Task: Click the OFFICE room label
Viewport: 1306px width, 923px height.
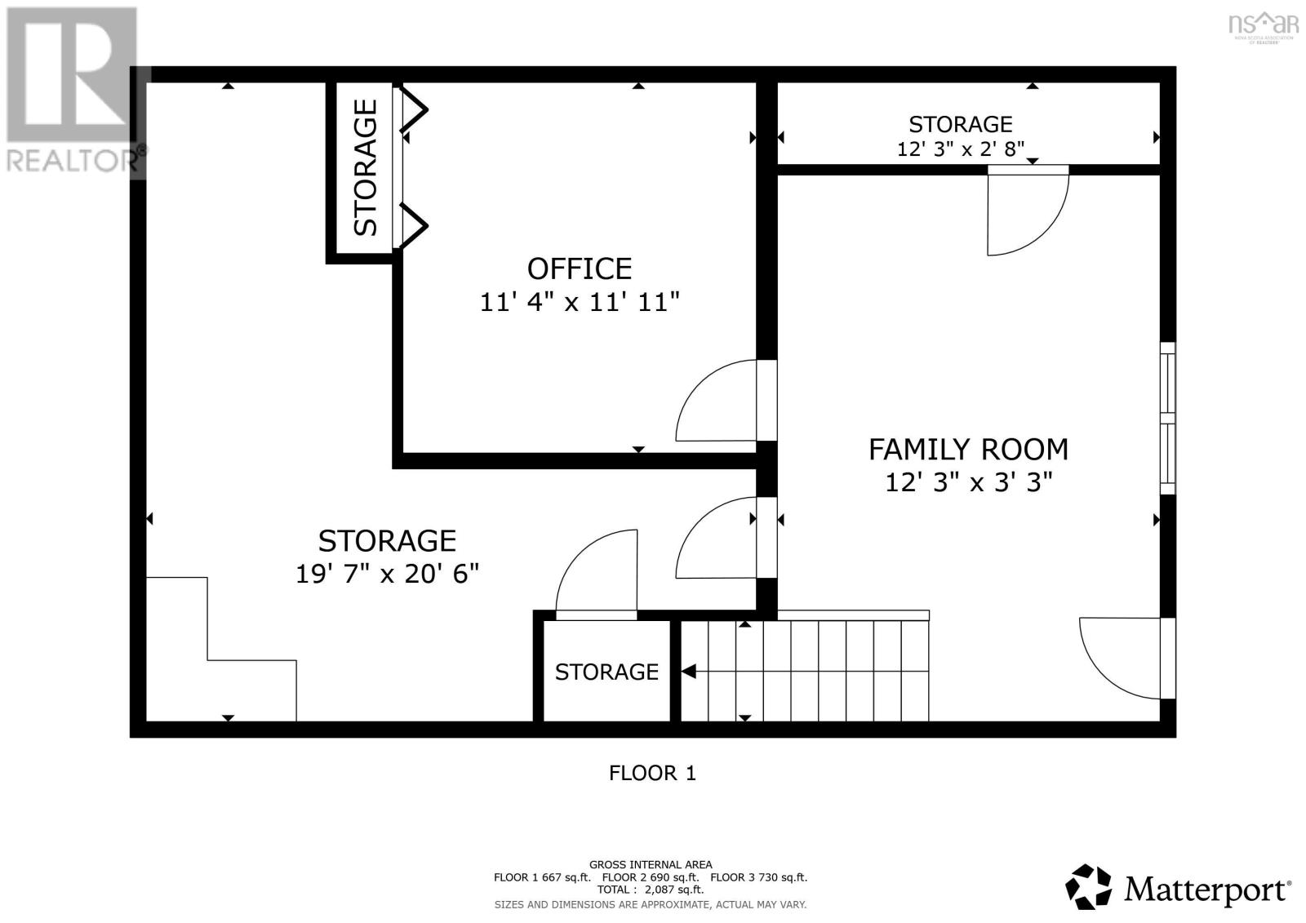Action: (580, 268)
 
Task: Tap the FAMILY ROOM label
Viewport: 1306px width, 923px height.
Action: (968, 450)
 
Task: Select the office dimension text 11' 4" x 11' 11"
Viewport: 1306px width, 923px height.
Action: (580, 303)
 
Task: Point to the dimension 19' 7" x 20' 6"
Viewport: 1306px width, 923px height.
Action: (387, 575)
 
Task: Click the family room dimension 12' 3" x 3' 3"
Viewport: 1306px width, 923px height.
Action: (968, 483)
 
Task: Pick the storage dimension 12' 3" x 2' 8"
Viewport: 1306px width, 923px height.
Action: (960, 149)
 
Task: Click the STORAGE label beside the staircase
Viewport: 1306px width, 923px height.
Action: (606, 672)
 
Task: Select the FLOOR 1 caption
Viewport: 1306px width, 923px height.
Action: (652, 773)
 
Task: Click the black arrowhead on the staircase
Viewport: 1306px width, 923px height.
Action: (689, 672)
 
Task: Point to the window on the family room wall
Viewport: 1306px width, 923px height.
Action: (1168, 418)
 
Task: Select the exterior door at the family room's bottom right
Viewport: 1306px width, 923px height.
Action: (1127, 658)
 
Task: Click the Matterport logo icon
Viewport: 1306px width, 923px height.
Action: (1088, 887)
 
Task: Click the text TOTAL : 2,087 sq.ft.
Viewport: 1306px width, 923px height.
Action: (651, 890)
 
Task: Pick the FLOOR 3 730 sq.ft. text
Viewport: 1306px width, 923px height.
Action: (758, 877)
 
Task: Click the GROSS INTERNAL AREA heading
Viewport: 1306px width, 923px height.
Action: (651, 865)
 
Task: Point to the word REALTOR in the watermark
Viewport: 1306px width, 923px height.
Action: (71, 161)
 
